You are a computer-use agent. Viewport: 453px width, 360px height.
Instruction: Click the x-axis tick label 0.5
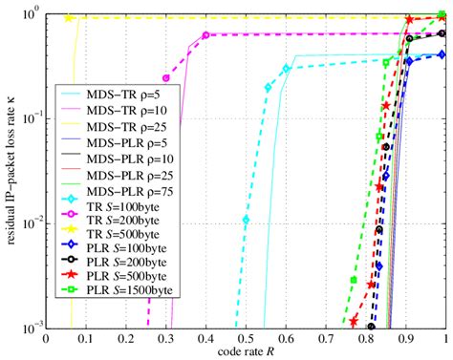[246, 337]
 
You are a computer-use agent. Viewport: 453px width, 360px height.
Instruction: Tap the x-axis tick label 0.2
[125, 337]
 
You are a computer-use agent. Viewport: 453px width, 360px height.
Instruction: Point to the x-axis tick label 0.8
[365, 337]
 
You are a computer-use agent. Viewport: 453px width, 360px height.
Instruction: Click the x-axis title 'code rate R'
[246, 351]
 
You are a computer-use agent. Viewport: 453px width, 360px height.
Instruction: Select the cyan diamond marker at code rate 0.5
[246, 220]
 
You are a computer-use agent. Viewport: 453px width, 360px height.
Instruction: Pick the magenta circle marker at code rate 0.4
[205, 35]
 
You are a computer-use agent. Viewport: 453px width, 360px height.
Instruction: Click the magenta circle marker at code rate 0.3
[165, 78]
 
